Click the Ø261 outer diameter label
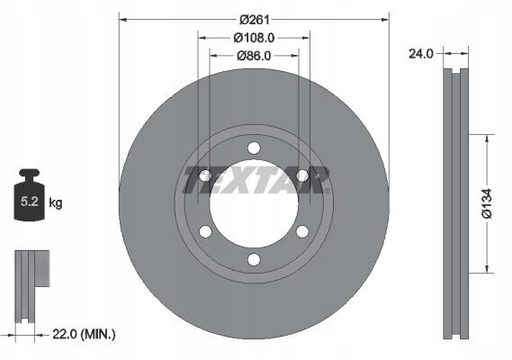(255, 20)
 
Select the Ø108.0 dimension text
(255, 38)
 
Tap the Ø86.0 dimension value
(254, 56)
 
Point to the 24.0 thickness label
(421, 54)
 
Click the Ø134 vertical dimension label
(487, 203)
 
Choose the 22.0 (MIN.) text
(84, 334)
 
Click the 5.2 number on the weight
(30, 202)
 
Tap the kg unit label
(56, 202)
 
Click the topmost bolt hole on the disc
(254, 148)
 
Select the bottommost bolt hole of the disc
(254, 260)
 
